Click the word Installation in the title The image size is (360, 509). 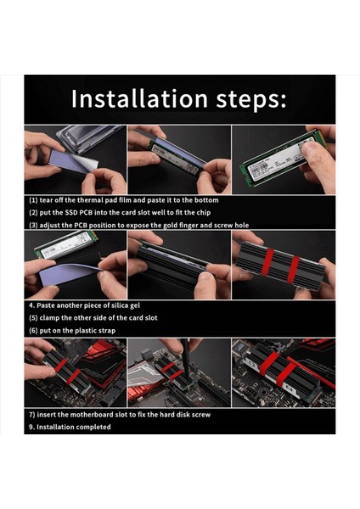[x=139, y=98]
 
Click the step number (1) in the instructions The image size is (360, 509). [x=33, y=200]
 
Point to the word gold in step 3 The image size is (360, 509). [x=170, y=225]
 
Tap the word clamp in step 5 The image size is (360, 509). [x=48, y=318]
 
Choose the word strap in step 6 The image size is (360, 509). [x=107, y=331]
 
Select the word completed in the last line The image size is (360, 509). [x=95, y=428]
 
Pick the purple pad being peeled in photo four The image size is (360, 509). [x=66, y=275]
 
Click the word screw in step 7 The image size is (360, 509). [x=201, y=415]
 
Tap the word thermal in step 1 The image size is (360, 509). [x=90, y=200]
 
